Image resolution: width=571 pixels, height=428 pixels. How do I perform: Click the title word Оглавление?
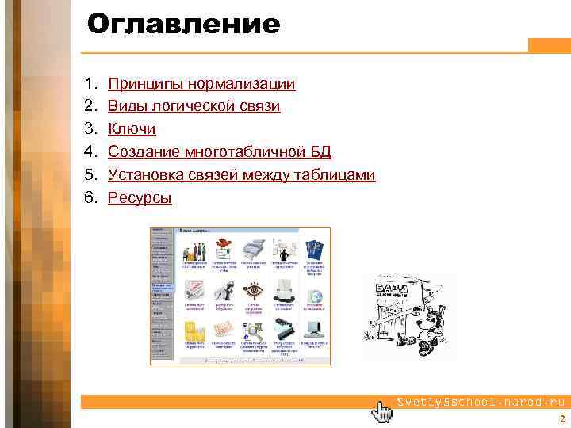pos(183,25)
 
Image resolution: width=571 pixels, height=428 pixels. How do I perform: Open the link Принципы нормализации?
pos(201,83)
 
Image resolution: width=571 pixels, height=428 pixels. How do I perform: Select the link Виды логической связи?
pos(194,105)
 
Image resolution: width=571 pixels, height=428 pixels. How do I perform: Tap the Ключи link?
pos(132,128)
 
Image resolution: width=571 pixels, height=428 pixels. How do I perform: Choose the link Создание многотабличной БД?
pos(219,151)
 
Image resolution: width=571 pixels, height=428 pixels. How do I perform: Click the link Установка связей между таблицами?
pos(241,174)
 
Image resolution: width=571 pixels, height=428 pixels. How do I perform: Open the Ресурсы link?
pos(140,197)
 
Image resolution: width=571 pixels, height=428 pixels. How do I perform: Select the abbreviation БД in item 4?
pos(320,151)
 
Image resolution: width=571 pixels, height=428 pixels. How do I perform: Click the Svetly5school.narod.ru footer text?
pos(478,402)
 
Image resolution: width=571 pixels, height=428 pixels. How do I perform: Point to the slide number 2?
pos(561,420)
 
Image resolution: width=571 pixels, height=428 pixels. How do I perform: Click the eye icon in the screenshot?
pos(255,290)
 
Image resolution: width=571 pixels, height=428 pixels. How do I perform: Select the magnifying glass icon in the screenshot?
pos(254,327)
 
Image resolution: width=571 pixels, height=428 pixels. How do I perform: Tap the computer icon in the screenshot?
pos(314,327)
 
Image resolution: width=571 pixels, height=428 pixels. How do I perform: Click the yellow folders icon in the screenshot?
pos(194,329)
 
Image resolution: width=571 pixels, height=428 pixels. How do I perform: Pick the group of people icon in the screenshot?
pos(194,250)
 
